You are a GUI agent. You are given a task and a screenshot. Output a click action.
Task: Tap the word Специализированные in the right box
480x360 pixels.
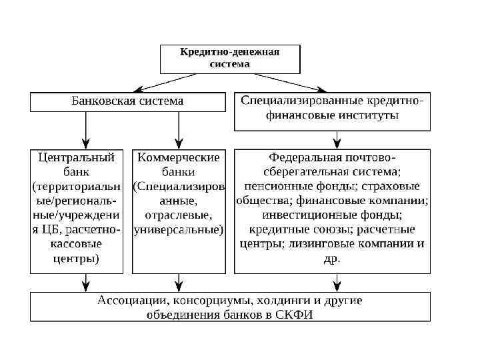coord(301,101)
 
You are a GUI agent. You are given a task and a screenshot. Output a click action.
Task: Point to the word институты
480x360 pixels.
coord(370,115)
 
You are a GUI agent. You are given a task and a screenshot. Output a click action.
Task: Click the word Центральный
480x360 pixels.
coord(77,157)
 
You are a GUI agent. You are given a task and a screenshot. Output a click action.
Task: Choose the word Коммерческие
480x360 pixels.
coord(178,157)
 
